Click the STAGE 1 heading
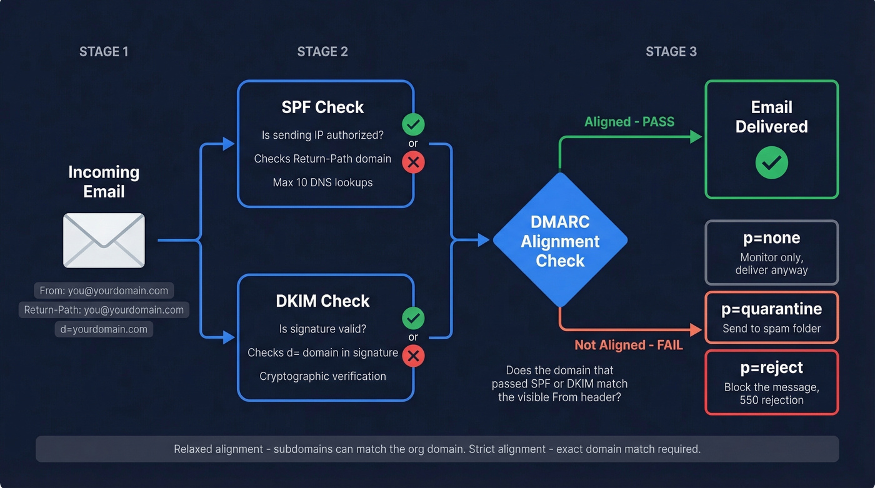pyautogui.click(x=104, y=52)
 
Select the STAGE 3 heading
pyautogui.click(x=671, y=52)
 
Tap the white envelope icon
pyautogui.click(x=104, y=241)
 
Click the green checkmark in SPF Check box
pyautogui.click(x=413, y=124)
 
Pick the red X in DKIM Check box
pyautogui.click(x=413, y=356)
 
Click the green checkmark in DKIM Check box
pyautogui.click(x=413, y=318)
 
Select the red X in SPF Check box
pyautogui.click(x=413, y=163)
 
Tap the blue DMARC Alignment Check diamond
pyautogui.click(x=560, y=241)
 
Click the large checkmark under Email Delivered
pyautogui.click(x=771, y=163)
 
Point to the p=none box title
pyautogui.click(x=771, y=238)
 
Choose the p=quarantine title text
pyautogui.click(x=771, y=309)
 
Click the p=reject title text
pyautogui.click(x=771, y=367)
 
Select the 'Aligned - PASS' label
pyautogui.click(x=629, y=122)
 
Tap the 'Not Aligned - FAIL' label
pyautogui.click(x=628, y=345)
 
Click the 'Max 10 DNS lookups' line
pyautogui.click(x=322, y=182)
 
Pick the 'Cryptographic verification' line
pyautogui.click(x=322, y=376)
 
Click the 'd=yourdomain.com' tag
pyautogui.click(x=104, y=329)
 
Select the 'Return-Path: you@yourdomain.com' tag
pyautogui.click(x=104, y=309)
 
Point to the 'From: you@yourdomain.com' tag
pyautogui.click(x=104, y=290)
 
